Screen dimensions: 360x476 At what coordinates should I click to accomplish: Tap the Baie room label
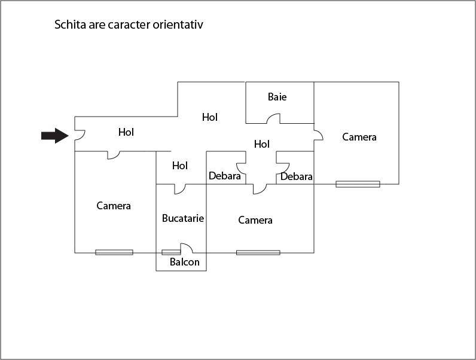coord(277,97)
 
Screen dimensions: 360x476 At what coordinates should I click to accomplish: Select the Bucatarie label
coord(183,218)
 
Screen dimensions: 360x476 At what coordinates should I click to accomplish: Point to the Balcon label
coord(184,262)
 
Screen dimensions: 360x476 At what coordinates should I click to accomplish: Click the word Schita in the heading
coord(70,25)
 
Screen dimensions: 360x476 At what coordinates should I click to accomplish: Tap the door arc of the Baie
coord(273,119)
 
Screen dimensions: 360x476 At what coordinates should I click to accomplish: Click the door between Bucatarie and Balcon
coord(185,248)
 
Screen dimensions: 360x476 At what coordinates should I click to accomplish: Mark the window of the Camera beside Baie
coord(358,184)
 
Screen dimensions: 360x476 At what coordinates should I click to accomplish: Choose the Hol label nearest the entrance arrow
coord(126,132)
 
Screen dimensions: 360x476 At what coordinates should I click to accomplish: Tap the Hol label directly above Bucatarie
coord(180,166)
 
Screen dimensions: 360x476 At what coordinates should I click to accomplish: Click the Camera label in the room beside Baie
coord(359,137)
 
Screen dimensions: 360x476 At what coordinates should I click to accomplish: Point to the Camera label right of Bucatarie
coord(255,220)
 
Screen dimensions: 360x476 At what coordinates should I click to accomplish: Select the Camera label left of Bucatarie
coord(114,206)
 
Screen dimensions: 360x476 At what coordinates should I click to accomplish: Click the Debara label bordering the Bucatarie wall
coord(225,176)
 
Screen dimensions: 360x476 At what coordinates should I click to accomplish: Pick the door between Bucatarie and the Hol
coord(179,189)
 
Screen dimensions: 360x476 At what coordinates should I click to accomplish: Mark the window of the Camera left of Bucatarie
coord(114,252)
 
